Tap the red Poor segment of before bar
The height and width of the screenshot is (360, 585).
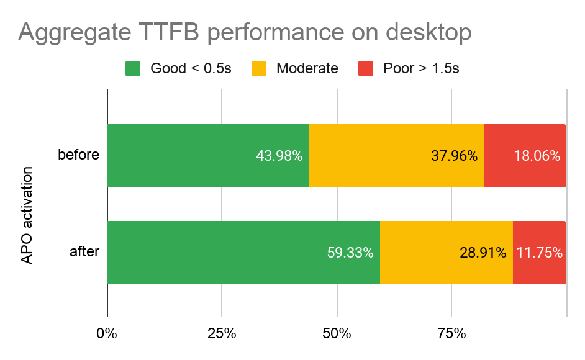(525, 156)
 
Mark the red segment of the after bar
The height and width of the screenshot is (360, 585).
(539, 253)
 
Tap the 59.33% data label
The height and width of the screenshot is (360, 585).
(350, 253)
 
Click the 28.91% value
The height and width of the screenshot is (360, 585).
(483, 253)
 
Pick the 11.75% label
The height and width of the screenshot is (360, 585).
(540, 253)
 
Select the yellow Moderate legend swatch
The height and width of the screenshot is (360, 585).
(259, 68)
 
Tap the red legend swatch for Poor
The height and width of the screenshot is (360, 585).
(366, 68)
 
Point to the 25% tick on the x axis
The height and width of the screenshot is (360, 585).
(222, 333)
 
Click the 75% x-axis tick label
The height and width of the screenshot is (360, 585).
(451, 333)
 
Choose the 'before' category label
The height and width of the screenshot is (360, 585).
(78, 155)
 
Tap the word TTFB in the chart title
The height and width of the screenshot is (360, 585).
(170, 33)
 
